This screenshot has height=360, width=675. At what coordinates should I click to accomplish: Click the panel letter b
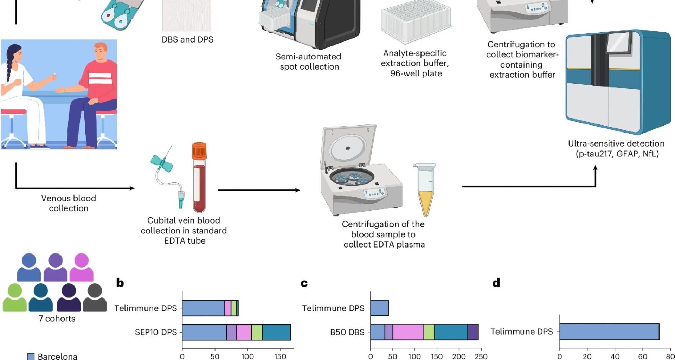[x=120, y=283]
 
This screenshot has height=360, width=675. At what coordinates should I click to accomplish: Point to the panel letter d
[x=496, y=283]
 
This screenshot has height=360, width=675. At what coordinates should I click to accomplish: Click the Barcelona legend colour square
[x=31, y=356]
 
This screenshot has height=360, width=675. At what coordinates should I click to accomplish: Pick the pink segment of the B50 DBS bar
[x=408, y=332]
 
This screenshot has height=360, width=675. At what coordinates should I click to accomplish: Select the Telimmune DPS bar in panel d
[x=609, y=332]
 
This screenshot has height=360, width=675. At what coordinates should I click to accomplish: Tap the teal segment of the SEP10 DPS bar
[x=276, y=332]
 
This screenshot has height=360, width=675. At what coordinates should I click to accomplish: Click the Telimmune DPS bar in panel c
[x=379, y=308]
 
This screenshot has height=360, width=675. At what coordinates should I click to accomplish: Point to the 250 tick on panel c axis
[x=481, y=356]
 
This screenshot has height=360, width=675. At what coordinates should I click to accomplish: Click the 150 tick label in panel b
[x=280, y=356]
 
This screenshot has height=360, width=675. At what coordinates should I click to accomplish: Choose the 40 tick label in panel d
[x=615, y=356]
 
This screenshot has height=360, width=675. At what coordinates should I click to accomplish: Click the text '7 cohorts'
[x=57, y=319]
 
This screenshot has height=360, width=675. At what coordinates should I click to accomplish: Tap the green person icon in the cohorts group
[x=15, y=297]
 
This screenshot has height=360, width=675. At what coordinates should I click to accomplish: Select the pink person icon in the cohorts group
[x=82, y=267]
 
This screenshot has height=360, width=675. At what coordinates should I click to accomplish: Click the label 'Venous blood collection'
[x=69, y=203]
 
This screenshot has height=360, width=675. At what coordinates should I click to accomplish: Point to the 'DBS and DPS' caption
[x=187, y=39]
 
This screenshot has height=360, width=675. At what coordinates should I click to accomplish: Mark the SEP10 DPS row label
[x=156, y=332]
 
